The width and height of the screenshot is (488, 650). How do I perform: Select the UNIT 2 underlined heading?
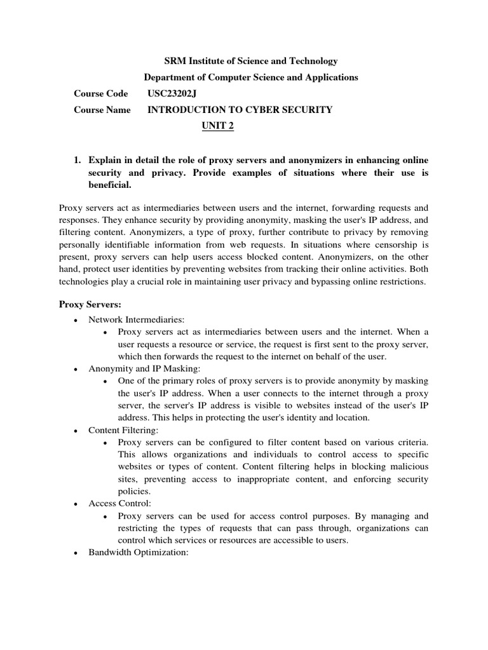(x=217, y=126)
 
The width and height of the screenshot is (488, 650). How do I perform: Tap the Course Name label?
(x=102, y=110)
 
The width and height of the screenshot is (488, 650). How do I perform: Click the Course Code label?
(x=101, y=93)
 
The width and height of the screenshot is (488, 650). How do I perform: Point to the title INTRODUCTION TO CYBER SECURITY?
(x=240, y=110)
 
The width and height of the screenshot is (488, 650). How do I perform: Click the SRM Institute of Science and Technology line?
(x=251, y=61)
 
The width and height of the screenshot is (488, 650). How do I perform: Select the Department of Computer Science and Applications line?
(x=251, y=77)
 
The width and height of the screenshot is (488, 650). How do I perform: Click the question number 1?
(x=78, y=159)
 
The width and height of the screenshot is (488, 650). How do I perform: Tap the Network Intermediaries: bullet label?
(x=136, y=319)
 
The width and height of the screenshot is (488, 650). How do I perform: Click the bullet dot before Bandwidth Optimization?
(x=76, y=553)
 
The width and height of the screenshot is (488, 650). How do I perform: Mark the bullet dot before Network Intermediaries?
(x=76, y=320)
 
